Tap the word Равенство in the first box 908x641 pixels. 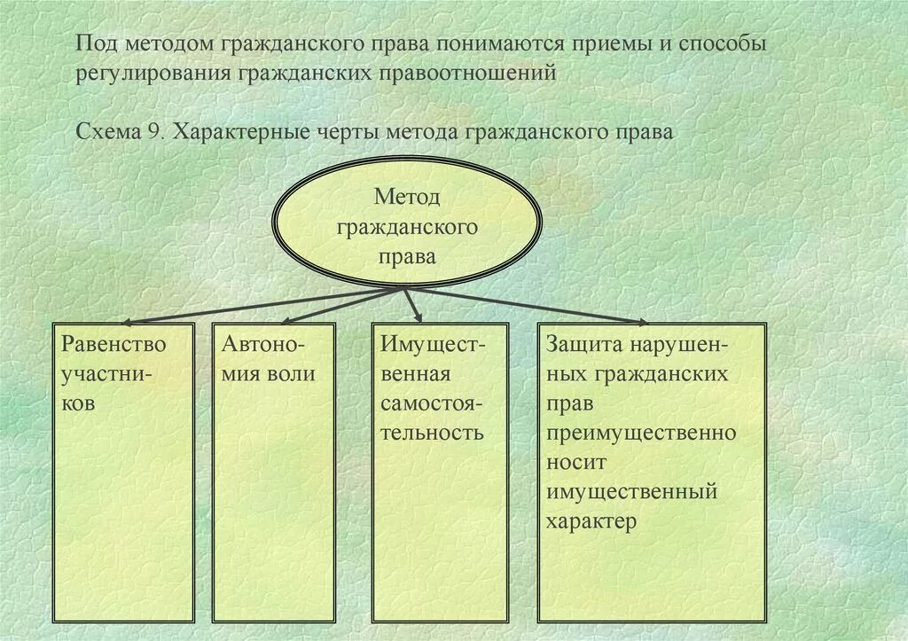tap(113, 343)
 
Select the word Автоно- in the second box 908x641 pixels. tap(263, 343)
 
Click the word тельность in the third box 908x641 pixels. tap(432, 433)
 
